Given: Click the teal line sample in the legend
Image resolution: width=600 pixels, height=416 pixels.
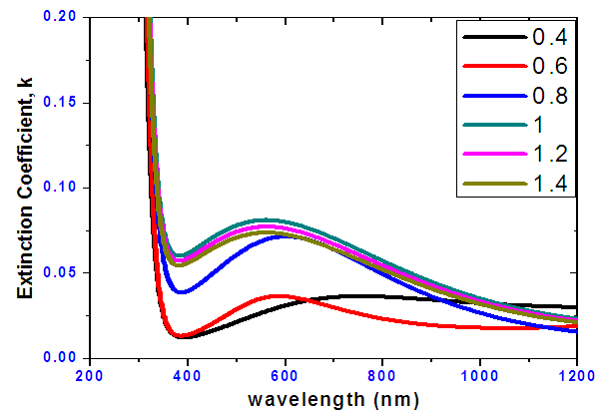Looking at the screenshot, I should click(x=491, y=124).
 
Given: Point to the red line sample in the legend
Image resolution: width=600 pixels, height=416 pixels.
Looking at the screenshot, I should click(x=491, y=66).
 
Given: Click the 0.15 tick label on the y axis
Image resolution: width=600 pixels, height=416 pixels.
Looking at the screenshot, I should click(x=61, y=103).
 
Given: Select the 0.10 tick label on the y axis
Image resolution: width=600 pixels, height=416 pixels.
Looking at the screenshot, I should click(x=61, y=188).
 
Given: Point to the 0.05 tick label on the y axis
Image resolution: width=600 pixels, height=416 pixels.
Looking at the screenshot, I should click(x=61, y=272).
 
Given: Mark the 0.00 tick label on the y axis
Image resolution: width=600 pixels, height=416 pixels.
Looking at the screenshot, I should click(x=61, y=357).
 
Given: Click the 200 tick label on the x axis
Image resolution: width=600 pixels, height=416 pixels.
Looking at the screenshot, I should click(x=89, y=375).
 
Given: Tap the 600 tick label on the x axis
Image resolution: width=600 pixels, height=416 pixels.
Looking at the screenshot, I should click(x=285, y=375).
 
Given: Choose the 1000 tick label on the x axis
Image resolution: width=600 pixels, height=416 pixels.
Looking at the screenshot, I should click(x=480, y=375).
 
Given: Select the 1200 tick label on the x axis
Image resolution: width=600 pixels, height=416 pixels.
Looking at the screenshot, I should click(x=576, y=375).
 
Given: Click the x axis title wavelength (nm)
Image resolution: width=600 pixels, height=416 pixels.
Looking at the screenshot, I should click(x=332, y=397).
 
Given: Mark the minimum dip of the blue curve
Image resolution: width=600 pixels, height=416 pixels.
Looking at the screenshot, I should click(x=181, y=292).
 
